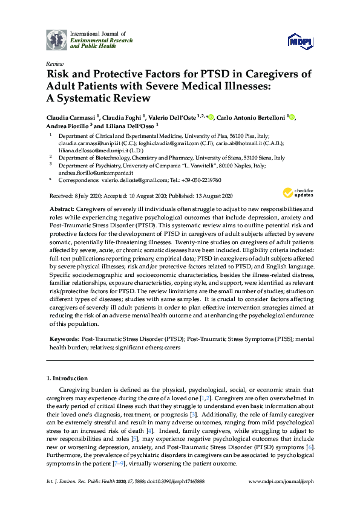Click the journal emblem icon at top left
pyautogui.click(x=57, y=39)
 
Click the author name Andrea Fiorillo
pyautogui.click(x=68, y=126)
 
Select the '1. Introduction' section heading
pyautogui.click(x=67, y=378)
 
